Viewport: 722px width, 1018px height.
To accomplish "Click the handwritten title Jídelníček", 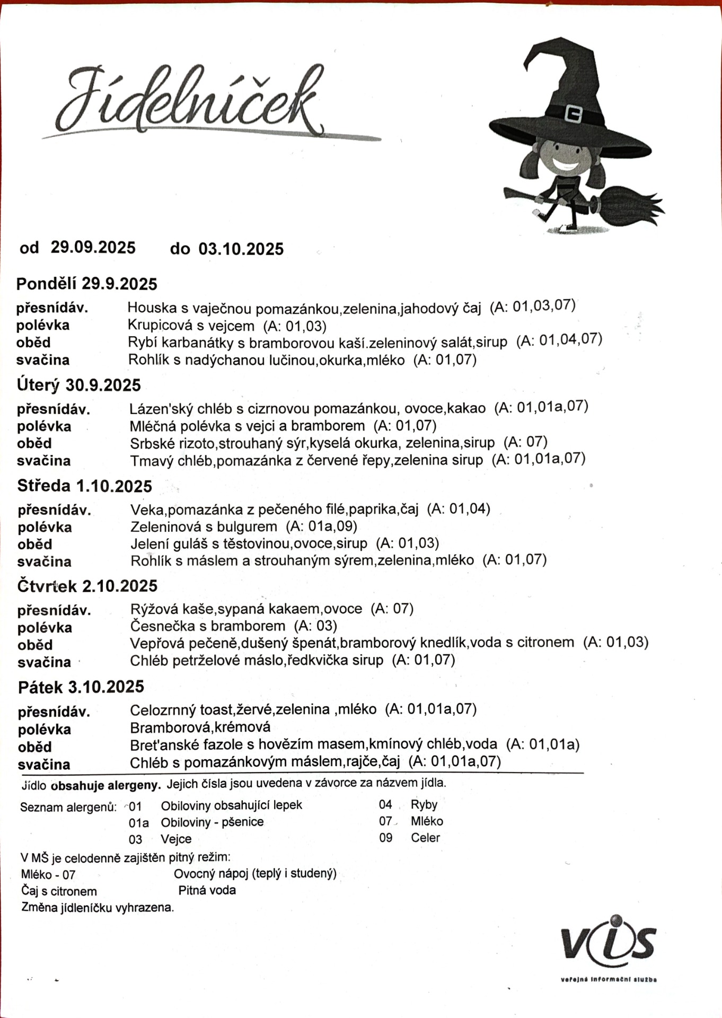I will click(191, 101).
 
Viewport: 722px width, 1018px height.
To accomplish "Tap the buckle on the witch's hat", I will click(574, 113).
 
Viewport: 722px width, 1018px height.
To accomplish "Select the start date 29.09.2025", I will click(93, 248).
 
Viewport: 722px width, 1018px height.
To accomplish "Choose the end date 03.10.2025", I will click(241, 249).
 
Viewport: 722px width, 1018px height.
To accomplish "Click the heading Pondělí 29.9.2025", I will click(87, 284).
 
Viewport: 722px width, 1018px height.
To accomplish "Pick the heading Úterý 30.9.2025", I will click(79, 385).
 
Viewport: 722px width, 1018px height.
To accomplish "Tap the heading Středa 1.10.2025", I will click(85, 486).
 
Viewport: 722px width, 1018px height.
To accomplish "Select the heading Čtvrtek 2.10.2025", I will click(87, 586).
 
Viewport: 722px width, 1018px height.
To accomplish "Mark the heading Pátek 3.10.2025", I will click(81, 687).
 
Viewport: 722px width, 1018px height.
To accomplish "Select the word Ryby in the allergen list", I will click(424, 805).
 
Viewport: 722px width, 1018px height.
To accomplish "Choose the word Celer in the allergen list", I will click(425, 838).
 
